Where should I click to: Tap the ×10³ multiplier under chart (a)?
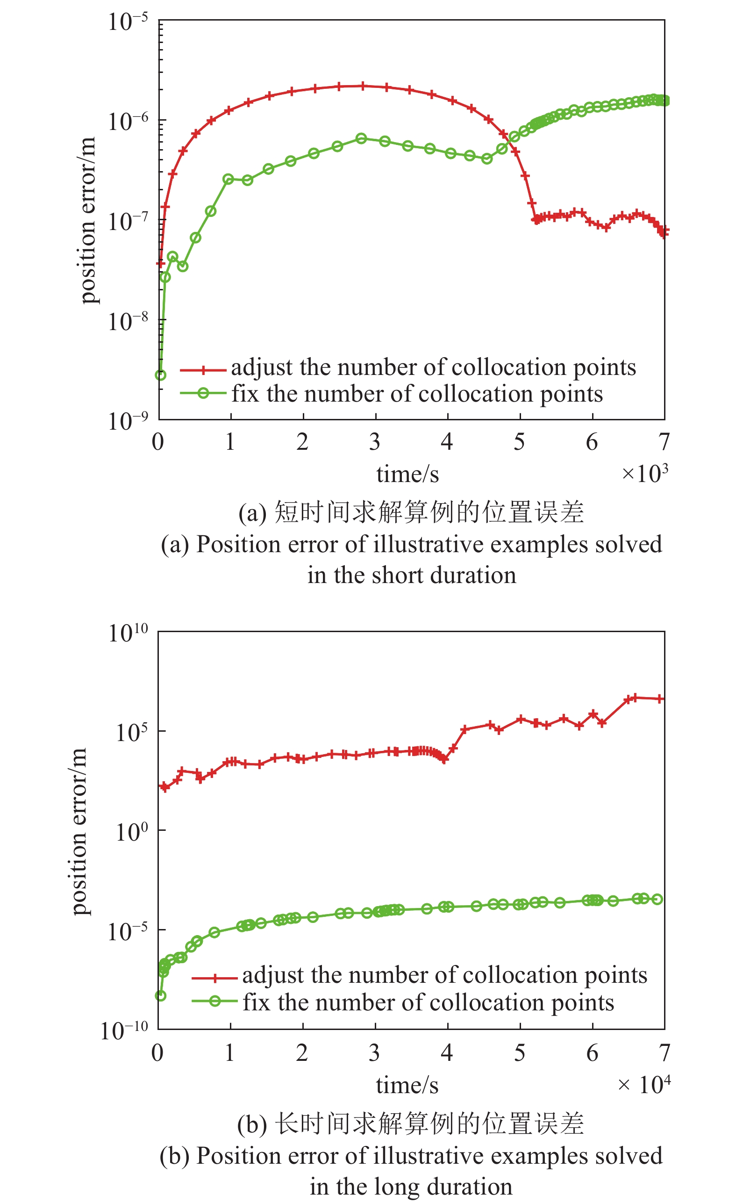click(x=644, y=473)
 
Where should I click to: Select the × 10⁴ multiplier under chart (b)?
click(x=643, y=1085)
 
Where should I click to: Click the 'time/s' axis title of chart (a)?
click(x=407, y=474)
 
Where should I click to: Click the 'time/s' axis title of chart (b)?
click(x=407, y=1085)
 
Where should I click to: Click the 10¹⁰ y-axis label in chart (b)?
click(x=128, y=633)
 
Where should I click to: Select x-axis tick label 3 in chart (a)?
click(x=374, y=442)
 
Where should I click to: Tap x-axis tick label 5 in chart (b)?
click(x=520, y=1053)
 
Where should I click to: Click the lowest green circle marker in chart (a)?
click(x=161, y=375)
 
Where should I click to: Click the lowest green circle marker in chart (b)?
click(x=161, y=995)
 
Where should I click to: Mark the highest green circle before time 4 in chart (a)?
click(x=361, y=139)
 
